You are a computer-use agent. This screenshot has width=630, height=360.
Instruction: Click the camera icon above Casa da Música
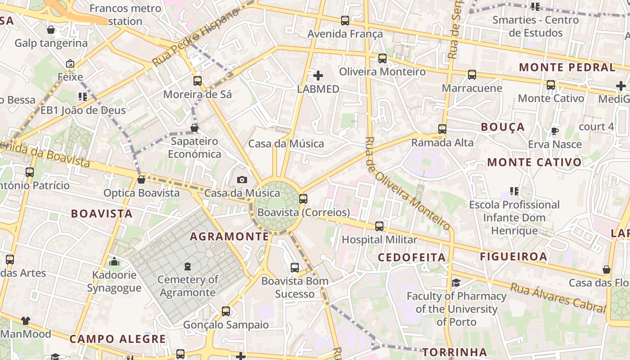242,180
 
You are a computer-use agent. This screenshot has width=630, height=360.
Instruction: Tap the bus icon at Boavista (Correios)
303,198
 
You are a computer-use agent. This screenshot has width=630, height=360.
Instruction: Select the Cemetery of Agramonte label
188,286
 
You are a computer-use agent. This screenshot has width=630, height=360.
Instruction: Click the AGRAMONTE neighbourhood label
229,237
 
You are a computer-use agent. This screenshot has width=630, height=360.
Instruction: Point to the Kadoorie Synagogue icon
114,261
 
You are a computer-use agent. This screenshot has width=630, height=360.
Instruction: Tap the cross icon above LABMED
318,75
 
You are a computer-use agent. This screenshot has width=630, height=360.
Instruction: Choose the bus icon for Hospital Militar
379,226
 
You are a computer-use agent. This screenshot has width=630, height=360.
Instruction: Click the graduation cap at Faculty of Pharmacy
456,283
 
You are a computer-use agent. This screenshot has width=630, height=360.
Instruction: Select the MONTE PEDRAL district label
567,67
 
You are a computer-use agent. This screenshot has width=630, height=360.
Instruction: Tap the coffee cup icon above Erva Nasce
555,131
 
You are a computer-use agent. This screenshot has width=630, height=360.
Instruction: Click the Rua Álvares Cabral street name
558,297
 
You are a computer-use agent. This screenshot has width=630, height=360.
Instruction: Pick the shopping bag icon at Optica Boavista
141,180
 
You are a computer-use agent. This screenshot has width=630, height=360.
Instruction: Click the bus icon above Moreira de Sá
198,81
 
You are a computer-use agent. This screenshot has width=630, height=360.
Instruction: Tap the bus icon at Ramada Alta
442,129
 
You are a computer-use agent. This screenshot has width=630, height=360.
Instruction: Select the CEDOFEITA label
412,257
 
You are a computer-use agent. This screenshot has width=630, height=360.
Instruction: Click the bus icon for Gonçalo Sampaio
226,311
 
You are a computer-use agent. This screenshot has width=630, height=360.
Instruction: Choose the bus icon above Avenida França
345,20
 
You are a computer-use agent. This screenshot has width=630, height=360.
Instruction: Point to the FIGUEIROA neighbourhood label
513,256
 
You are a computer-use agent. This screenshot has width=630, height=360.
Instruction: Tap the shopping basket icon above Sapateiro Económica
194,128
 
